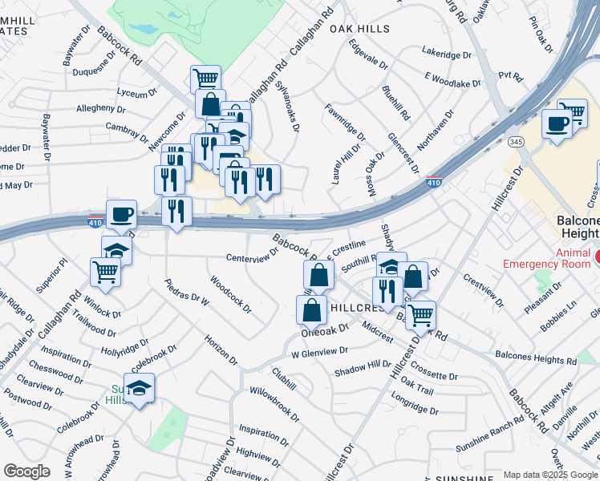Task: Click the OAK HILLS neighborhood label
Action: [359, 29]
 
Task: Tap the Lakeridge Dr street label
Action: [447, 55]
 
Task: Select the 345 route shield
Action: [516, 141]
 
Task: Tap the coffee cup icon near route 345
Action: [556, 123]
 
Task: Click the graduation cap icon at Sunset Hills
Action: [140, 388]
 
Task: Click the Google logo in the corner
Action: [26, 471]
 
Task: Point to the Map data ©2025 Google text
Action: [550, 475]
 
